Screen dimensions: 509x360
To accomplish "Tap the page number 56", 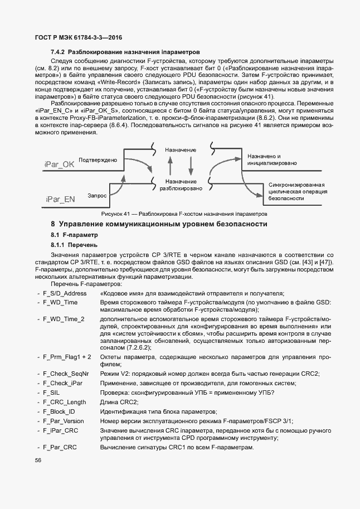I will point(38,460).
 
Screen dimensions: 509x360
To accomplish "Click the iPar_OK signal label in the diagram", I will point(59,164).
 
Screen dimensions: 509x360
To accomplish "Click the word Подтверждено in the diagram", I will point(98,160).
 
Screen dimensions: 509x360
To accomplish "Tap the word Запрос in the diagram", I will point(97,196).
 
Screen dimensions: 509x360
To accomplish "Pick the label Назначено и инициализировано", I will point(273,161).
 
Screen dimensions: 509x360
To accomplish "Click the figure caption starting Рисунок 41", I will point(184,214).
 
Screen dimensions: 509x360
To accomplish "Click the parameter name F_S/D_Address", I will point(65,293).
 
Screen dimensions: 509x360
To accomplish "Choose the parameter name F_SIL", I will point(52,392).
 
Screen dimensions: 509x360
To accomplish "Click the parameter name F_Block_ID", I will point(59,411).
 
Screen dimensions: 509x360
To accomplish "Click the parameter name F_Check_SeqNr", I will point(66,374).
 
